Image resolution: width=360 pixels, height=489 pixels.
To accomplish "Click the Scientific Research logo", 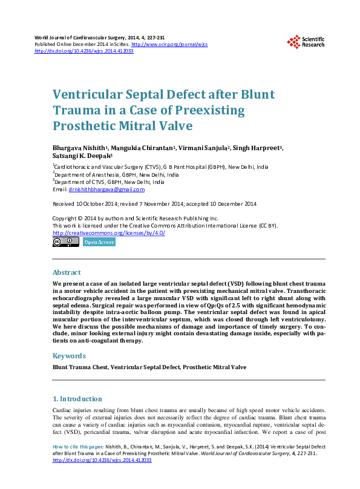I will tap(306, 41).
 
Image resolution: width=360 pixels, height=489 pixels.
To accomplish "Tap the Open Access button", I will tap(99, 241).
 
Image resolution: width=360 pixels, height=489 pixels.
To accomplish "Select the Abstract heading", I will tap(67, 272).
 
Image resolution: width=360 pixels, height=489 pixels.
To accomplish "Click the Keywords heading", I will tap(69, 356).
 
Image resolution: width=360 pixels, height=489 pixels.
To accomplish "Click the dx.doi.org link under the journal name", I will tap(84, 51).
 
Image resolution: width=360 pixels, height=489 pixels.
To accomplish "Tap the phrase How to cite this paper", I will tap(73, 446).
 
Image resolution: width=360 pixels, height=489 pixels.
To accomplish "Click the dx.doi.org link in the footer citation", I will tap(102, 460).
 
